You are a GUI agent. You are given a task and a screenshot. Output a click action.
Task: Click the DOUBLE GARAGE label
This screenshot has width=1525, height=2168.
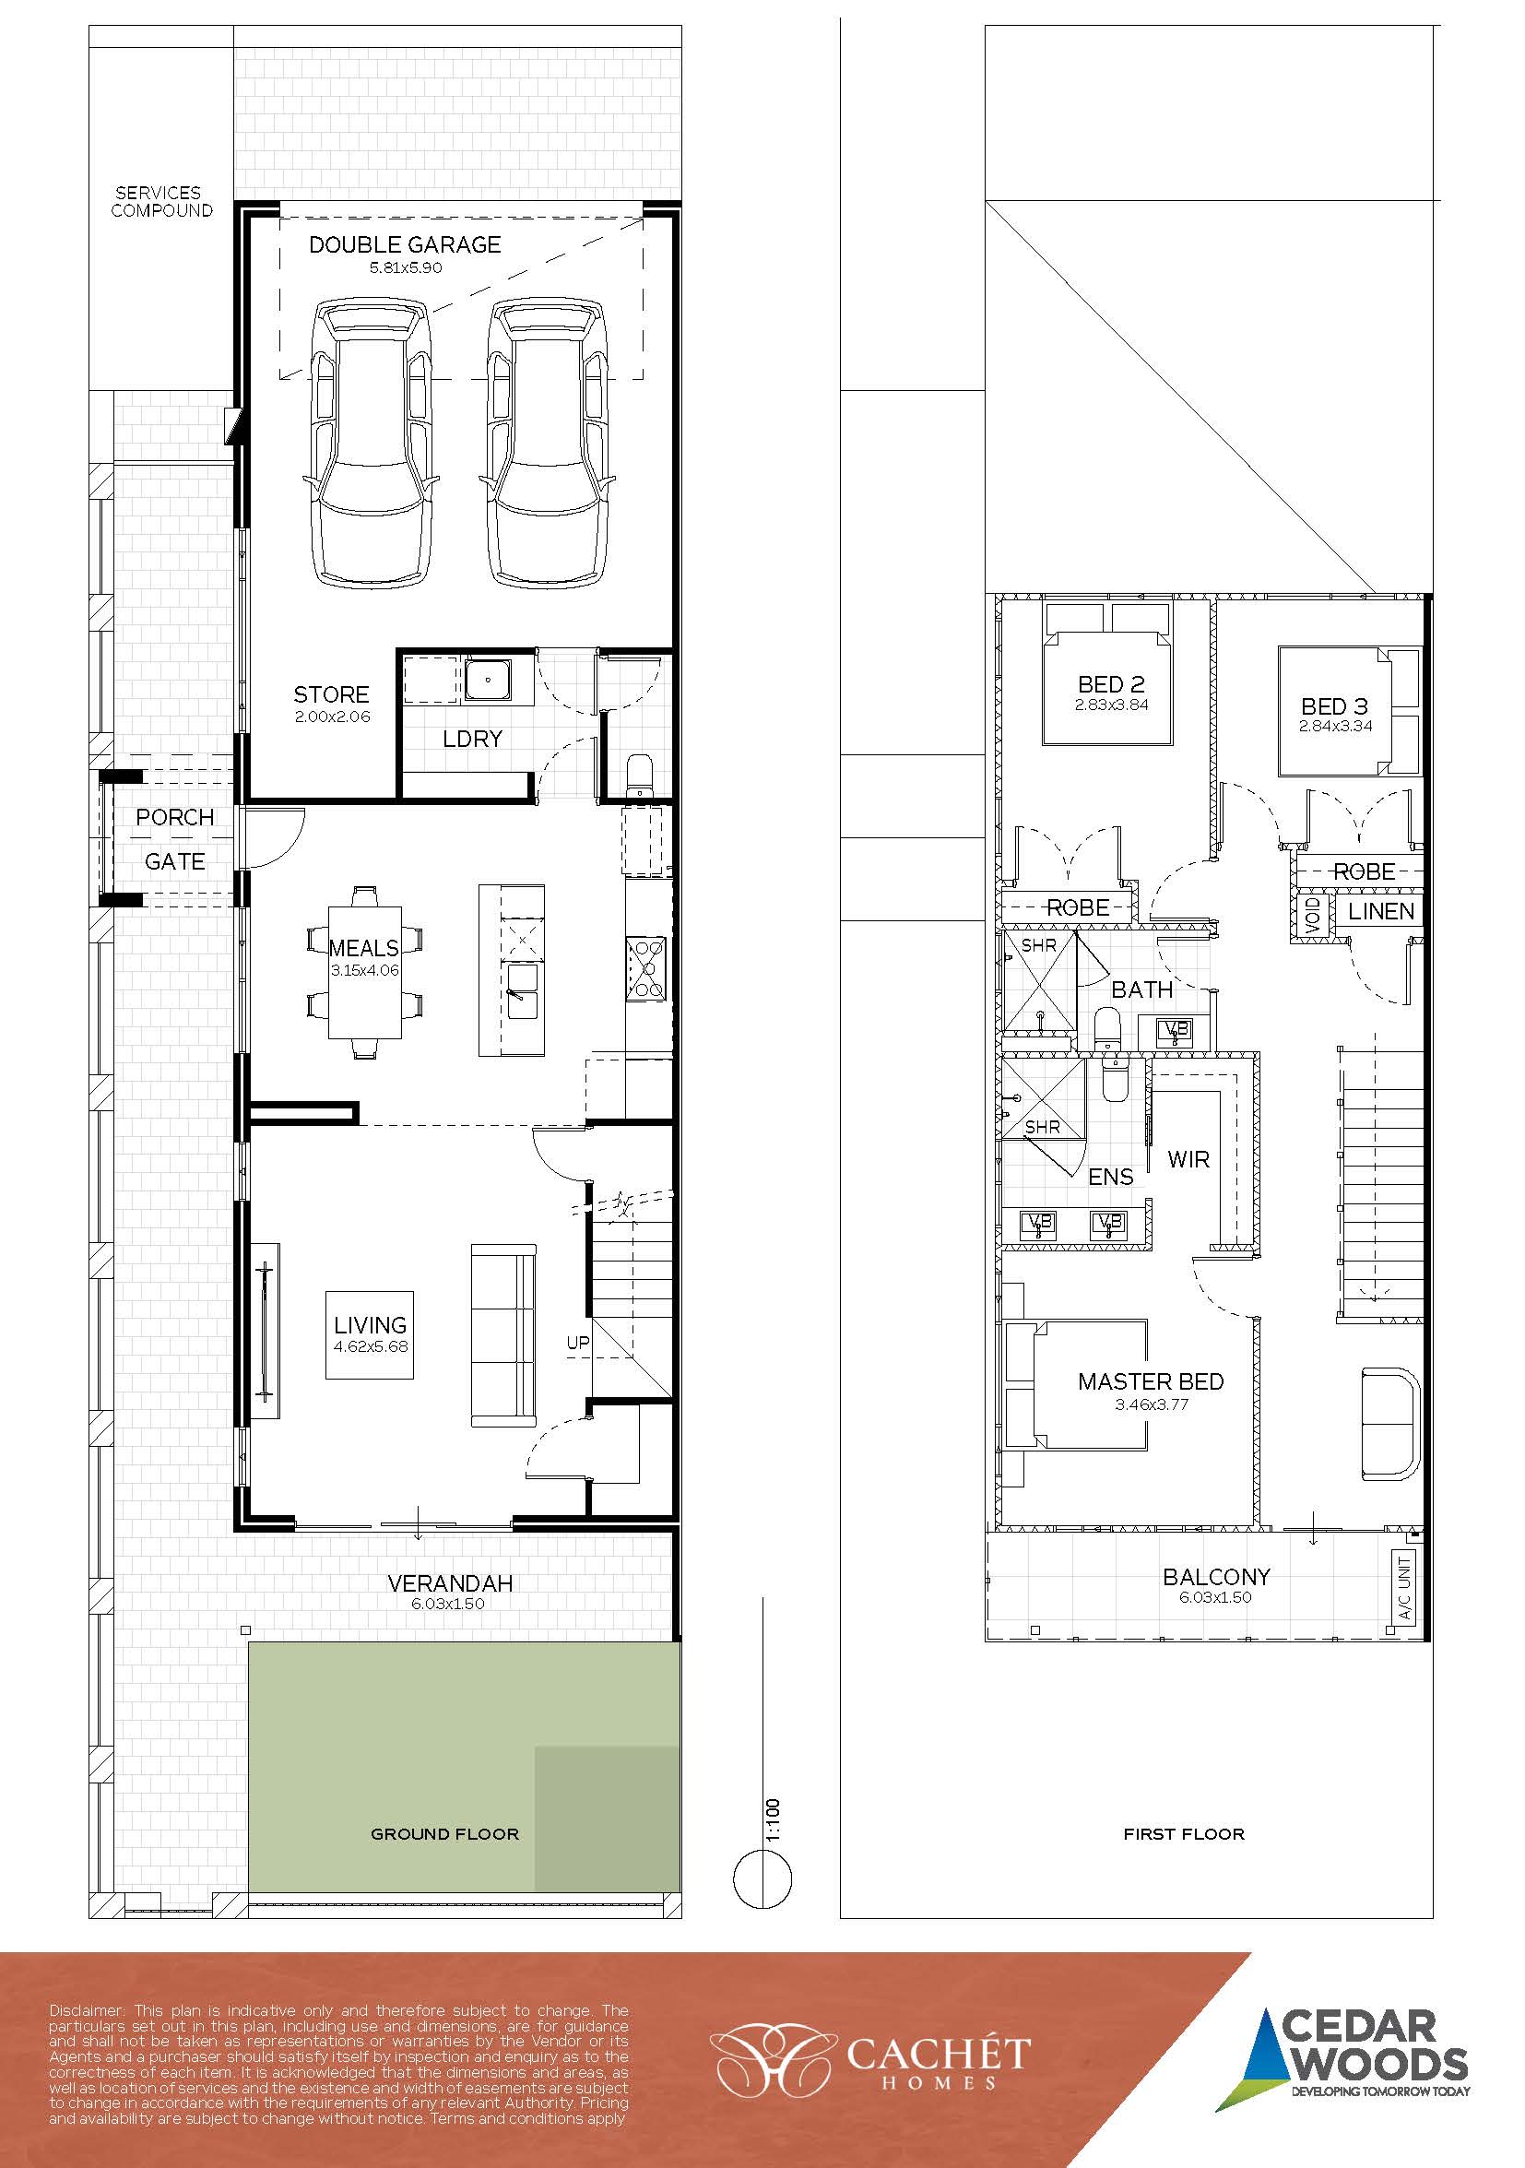click(404, 244)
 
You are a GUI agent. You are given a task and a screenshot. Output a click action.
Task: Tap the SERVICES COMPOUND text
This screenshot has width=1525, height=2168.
click(161, 201)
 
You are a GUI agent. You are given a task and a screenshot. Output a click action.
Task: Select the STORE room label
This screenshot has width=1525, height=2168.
click(330, 694)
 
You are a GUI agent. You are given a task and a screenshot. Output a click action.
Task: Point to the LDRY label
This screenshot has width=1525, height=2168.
click(472, 739)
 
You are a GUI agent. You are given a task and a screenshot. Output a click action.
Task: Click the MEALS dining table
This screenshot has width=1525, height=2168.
click(364, 971)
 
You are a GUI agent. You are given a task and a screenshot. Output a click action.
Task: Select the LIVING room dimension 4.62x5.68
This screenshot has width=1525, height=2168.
click(370, 1346)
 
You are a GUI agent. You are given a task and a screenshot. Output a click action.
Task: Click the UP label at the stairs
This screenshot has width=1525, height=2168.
click(578, 1342)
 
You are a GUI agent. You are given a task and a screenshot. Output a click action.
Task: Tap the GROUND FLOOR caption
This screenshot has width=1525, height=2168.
click(444, 1834)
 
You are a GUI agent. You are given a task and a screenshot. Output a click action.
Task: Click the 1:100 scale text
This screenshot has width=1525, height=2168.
click(774, 1820)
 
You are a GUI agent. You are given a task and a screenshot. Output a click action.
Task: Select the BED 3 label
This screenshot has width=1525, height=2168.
click(1334, 706)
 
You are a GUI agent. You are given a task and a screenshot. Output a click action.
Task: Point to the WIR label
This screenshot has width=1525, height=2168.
click(1188, 1159)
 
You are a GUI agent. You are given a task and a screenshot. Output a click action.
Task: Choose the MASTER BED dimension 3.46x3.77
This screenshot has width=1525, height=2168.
click(1150, 1404)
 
